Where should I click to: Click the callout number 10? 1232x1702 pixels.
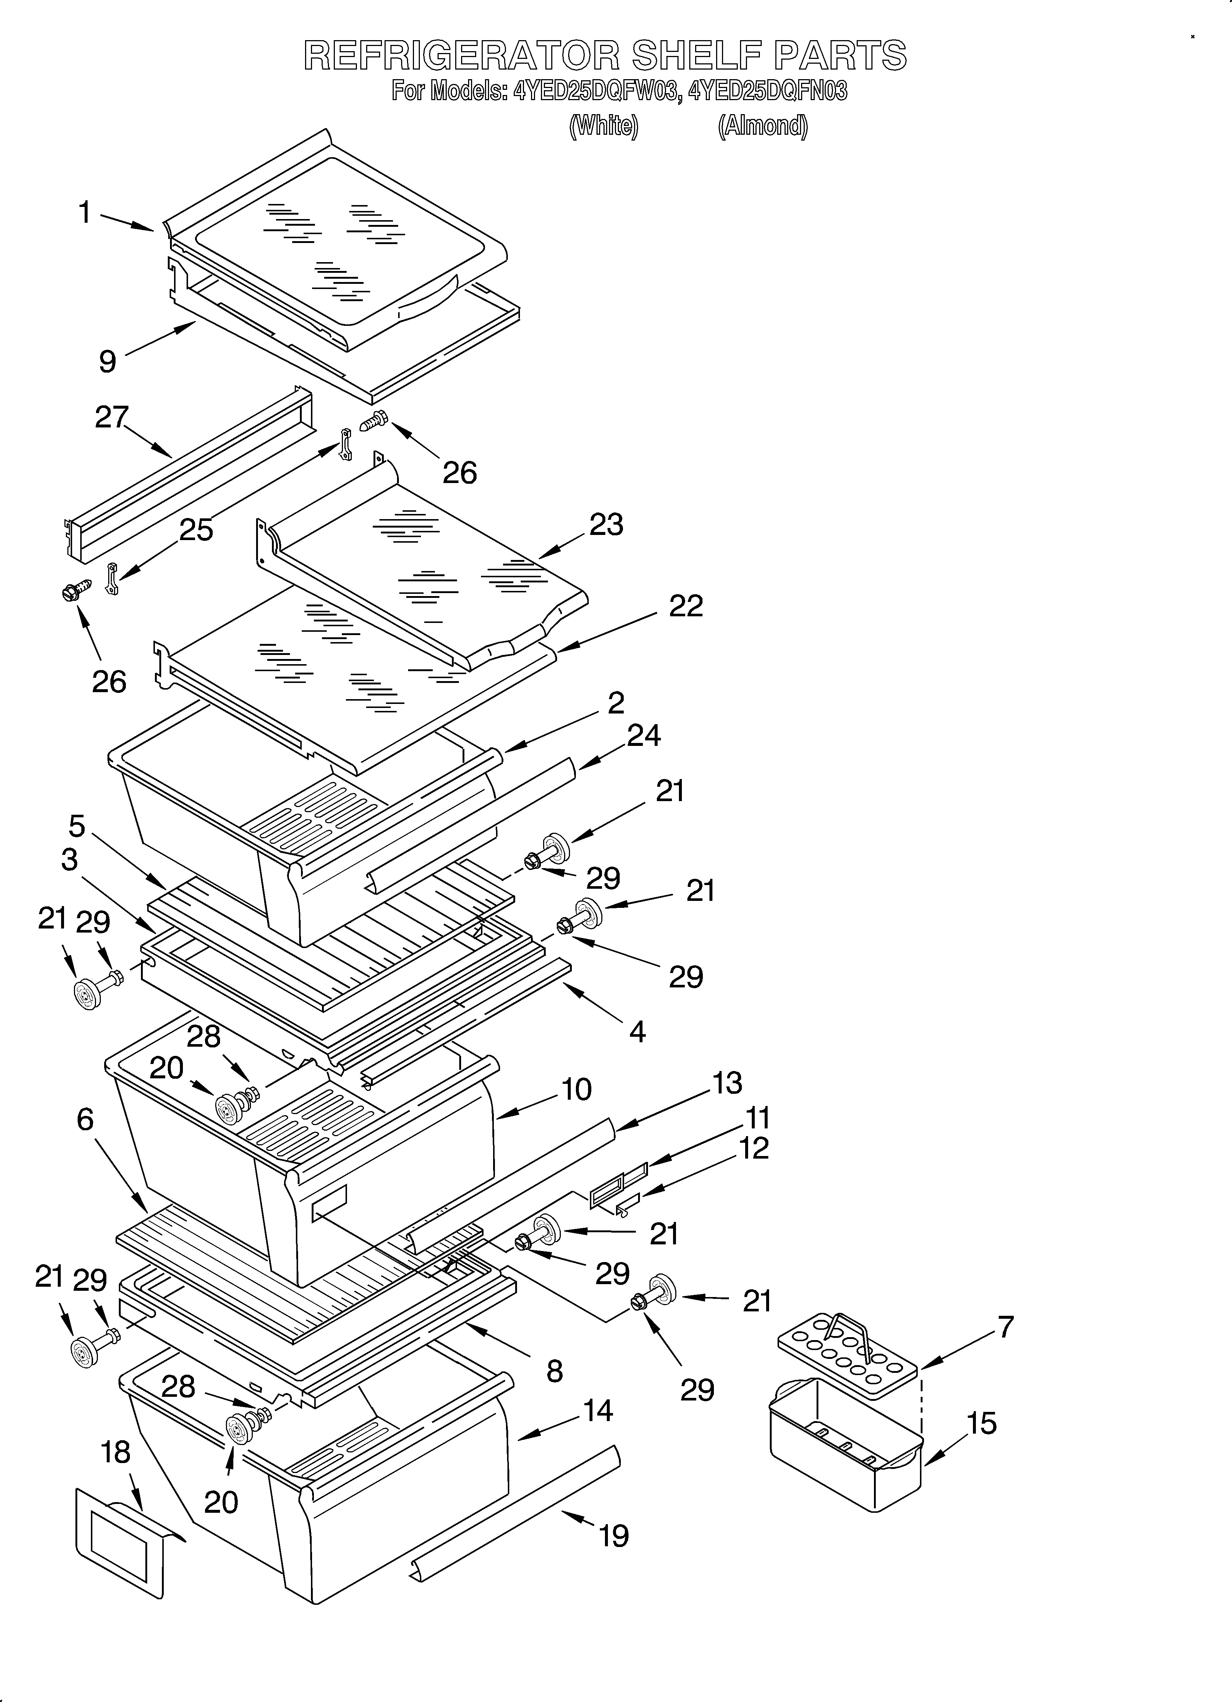(x=576, y=1089)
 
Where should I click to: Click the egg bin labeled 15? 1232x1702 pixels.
(x=844, y=1448)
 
